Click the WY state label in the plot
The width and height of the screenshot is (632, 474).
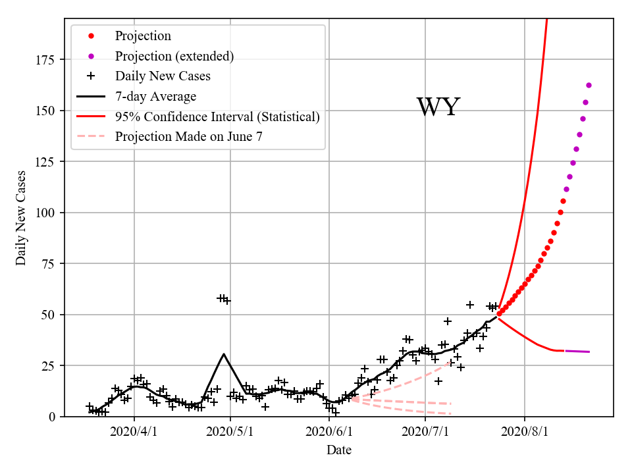point(438,107)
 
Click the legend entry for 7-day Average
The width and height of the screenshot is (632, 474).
point(155,97)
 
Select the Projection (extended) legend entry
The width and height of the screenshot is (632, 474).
point(174,56)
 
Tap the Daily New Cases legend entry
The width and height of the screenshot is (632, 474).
point(163,76)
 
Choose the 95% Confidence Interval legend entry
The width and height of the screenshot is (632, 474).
point(217,117)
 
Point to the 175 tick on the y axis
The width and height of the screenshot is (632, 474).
point(46,60)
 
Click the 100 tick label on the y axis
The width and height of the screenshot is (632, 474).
point(46,213)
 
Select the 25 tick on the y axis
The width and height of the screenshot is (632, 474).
point(49,366)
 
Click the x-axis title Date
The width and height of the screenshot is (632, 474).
point(339,450)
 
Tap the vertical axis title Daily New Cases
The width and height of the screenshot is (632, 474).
point(22,218)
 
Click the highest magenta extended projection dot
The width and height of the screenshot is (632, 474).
point(589,85)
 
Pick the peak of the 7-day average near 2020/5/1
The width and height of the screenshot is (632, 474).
point(224,354)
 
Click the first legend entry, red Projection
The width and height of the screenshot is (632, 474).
point(143,36)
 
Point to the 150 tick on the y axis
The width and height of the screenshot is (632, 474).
point(46,111)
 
